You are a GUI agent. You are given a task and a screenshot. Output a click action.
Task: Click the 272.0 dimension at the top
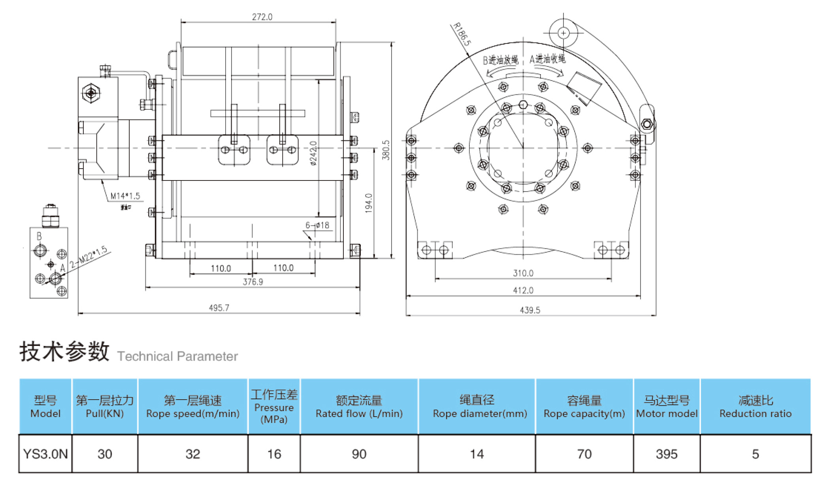pyautogui.click(x=262, y=17)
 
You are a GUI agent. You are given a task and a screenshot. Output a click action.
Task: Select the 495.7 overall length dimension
pyautogui.click(x=219, y=308)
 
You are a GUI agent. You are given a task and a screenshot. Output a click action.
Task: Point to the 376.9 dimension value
pyautogui.click(x=252, y=282)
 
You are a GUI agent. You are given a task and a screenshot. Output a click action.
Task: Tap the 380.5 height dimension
pyautogui.click(x=386, y=150)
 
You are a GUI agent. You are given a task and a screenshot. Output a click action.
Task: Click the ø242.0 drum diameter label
pyautogui.click(x=313, y=153)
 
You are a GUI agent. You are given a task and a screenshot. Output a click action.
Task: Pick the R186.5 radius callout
pyautogui.click(x=462, y=34)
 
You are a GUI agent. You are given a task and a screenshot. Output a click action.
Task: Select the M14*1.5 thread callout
pyautogui.click(x=125, y=196)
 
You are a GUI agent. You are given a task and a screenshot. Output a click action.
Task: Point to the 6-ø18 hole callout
pyautogui.click(x=317, y=225)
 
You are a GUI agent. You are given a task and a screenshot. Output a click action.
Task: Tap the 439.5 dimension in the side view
pyautogui.click(x=529, y=310)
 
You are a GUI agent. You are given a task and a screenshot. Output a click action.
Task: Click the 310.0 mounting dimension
pyautogui.click(x=523, y=273)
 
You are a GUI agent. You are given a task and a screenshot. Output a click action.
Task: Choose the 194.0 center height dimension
pyautogui.click(x=369, y=203)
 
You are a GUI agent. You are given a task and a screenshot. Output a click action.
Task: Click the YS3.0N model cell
pyautogui.click(x=45, y=454)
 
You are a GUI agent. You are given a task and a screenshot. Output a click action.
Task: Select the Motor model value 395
pyautogui.click(x=666, y=454)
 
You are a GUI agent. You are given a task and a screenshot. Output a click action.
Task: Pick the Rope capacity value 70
pyautogui.click(x=584, y=454)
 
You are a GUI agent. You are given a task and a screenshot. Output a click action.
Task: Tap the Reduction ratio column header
pyautogui.click(x=755, y=407)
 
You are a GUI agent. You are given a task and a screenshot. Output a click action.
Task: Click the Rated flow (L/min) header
pyautogui.click(x=359, y=407)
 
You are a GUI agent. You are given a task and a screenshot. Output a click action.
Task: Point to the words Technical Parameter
pyautogui.click(x=177, y=356)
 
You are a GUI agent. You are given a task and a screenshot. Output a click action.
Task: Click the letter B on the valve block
pyautogui.click(x=39, y=236)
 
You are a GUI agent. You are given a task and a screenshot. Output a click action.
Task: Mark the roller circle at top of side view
pyautogui.click(x=563, y=33)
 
